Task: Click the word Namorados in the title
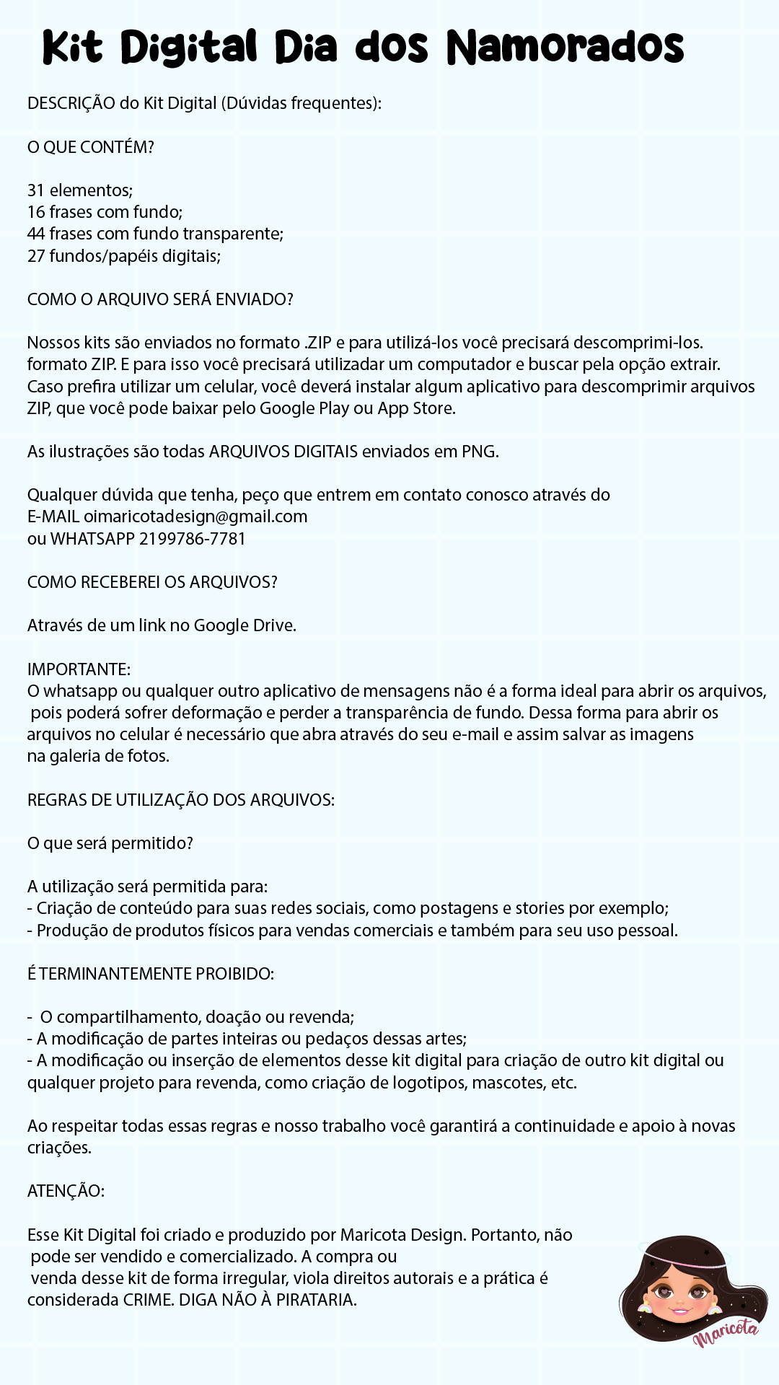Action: (x=565, y=48)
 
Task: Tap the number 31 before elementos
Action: (x=36, y=190)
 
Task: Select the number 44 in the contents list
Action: (x=36, y=234)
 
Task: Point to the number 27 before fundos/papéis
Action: (x=36, y=256)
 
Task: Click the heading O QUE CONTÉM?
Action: (x=91, y=147)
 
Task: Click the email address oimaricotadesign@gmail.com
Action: (x=195, y=516)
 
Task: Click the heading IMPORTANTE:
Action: (x=79, y=669)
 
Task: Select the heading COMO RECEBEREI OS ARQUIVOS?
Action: (x=152, y=582)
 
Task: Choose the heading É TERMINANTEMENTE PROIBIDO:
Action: (x=151, y=974)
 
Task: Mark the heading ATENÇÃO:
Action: (x=66, y=1191)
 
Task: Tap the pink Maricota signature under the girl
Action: (x=726, y=1335)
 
